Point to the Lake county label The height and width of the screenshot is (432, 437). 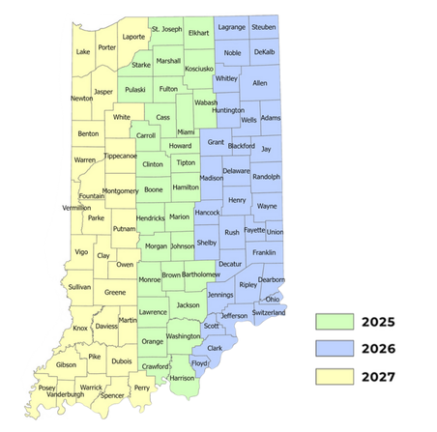point(83,51)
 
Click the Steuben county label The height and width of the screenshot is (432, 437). point(263,28)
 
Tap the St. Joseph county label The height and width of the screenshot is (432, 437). point(166,30)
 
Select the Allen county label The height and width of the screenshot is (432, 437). point(259,84)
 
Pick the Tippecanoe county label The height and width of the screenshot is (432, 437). point(121,156)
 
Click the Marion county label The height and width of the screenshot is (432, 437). point(179,217)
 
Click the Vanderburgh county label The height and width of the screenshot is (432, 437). point(65,395)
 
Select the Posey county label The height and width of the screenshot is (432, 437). point(46,388)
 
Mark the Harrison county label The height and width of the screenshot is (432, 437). point(181,378)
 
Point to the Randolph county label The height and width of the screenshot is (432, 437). point(266,178)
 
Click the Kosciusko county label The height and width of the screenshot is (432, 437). point(199,70)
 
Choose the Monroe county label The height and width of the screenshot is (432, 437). point(150,279)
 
